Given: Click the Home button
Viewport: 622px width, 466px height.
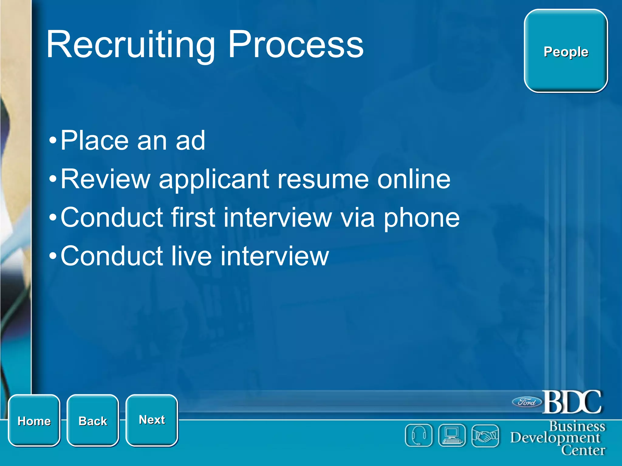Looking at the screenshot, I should click(34, 420).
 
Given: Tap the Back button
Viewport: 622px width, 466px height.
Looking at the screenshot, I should click(93, 420).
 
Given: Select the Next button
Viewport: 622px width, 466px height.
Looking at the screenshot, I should click(152, 420).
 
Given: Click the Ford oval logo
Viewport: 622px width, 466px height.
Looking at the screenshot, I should click(527, 402).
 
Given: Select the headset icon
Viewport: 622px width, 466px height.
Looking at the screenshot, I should click(419, 436).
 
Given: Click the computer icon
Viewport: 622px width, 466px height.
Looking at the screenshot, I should click(452, 436).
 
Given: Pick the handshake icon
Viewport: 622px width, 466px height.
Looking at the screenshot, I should click(485, 436).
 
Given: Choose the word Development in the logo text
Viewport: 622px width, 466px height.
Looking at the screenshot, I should click(555, 438).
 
